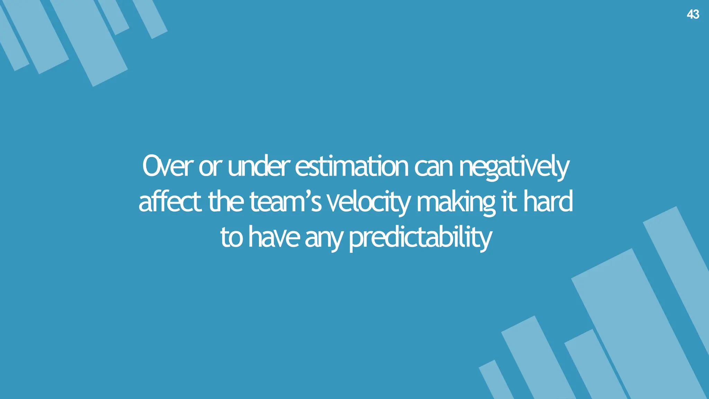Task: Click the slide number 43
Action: [x=693, y=14]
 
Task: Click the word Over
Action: [x=167, y=167]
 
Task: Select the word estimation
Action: [x=352, y=167]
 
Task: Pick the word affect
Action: [x=170, y=202]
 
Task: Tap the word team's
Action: [x=285, y=202]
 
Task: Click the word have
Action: [x=274, y=238]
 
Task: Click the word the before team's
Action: [x=226, y=202]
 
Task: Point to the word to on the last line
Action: [x=231, y=238]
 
